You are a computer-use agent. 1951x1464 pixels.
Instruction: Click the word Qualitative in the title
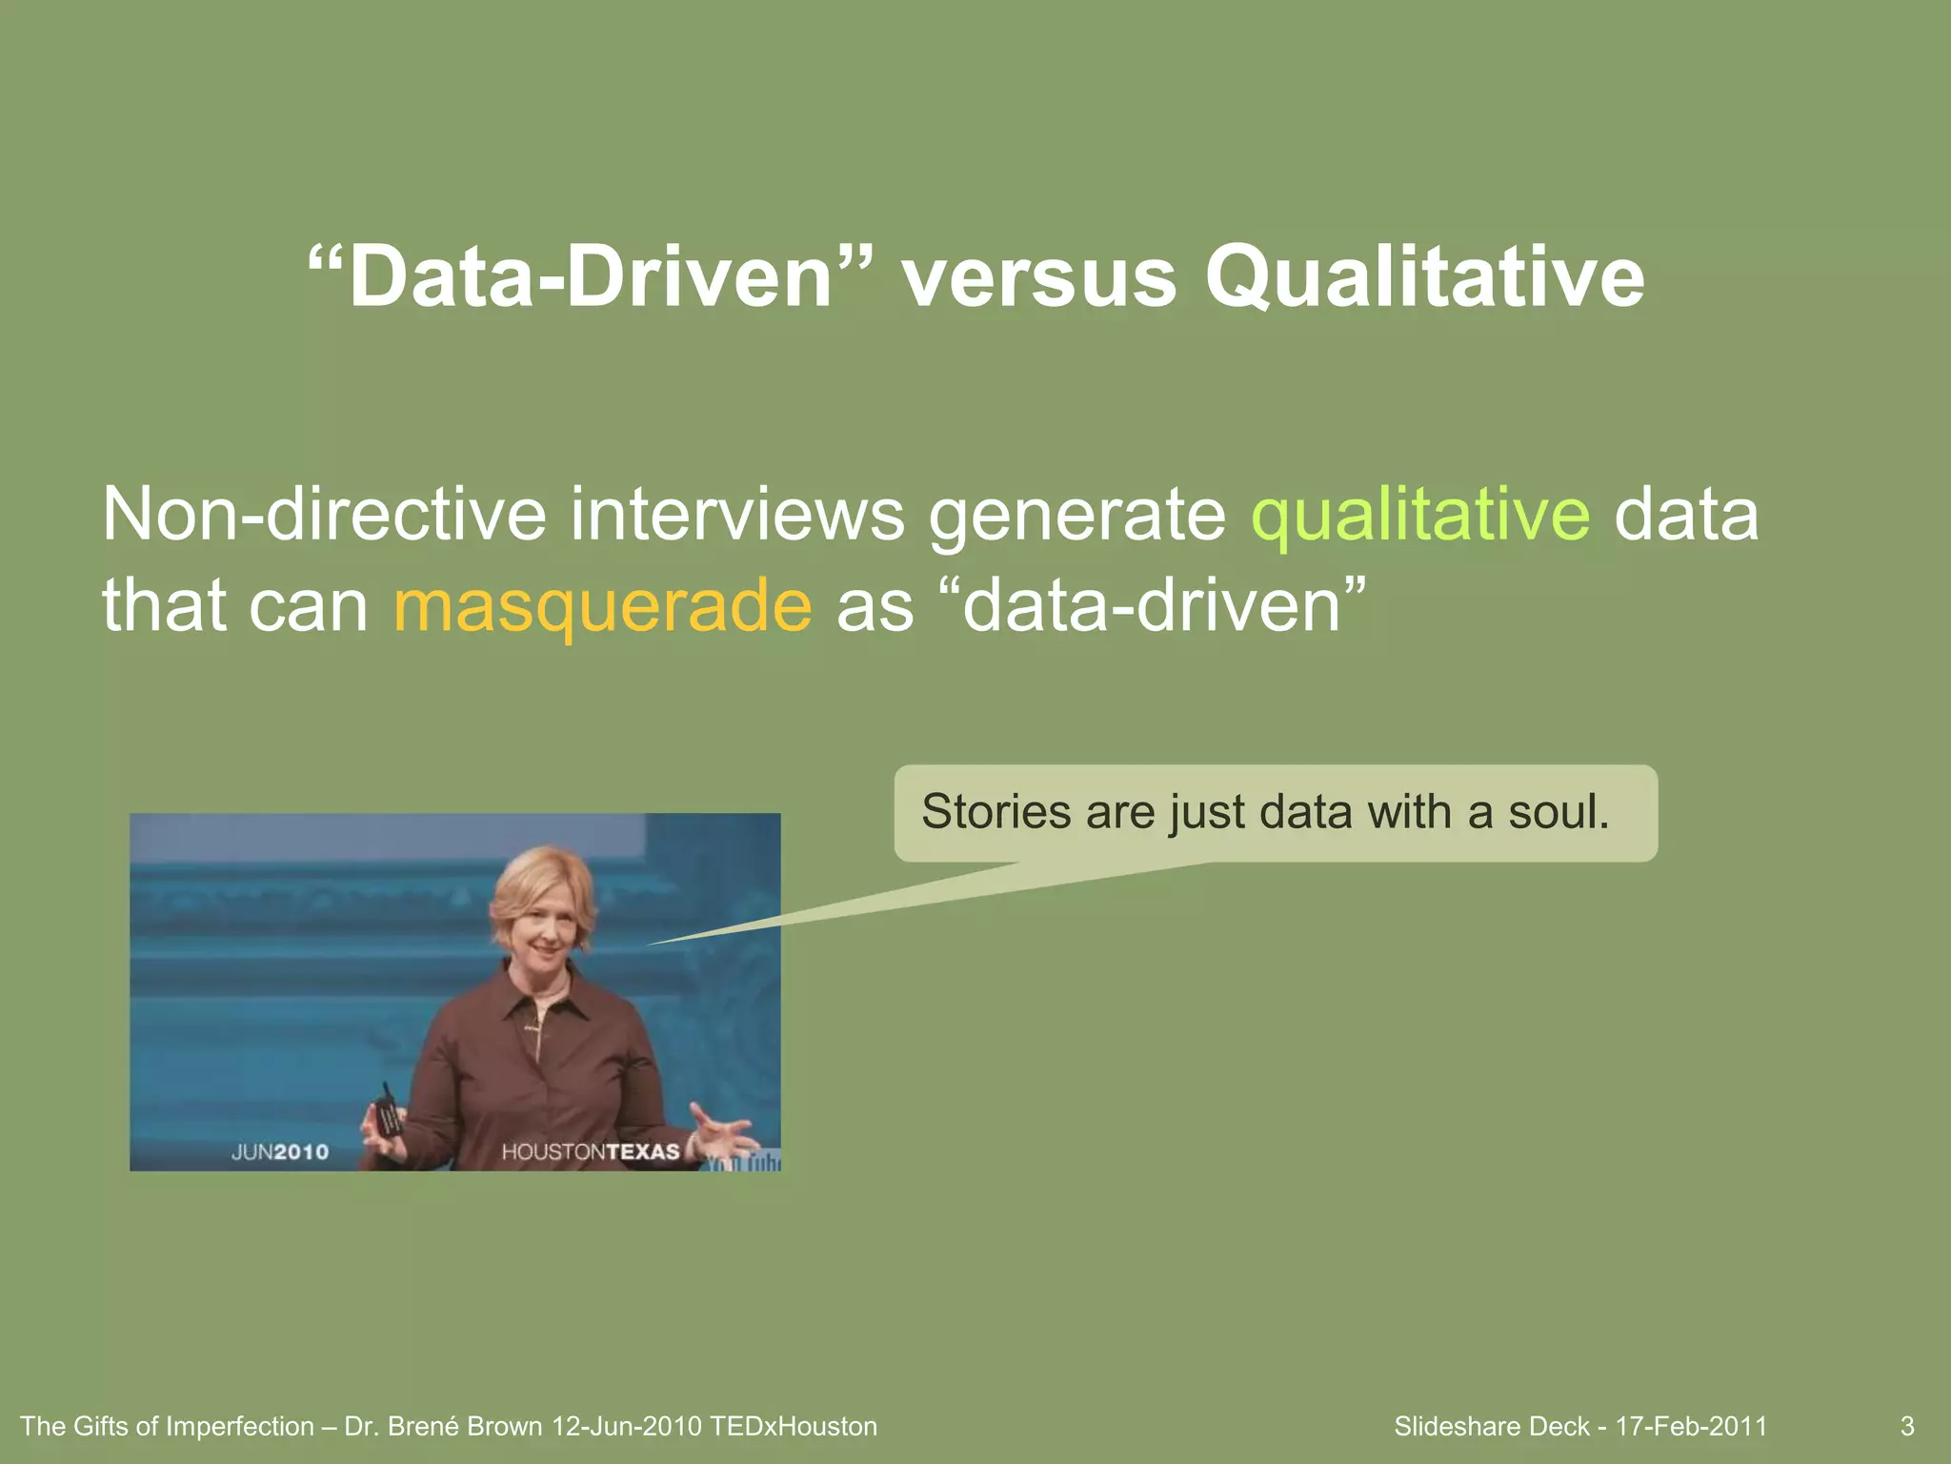1424,278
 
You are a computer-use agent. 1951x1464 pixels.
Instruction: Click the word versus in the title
1038,278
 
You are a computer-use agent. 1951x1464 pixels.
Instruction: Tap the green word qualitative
1419,515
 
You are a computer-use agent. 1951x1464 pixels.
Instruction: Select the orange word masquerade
602,606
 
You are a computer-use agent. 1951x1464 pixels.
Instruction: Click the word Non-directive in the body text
324,515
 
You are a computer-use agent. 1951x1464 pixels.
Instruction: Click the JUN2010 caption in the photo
280,1152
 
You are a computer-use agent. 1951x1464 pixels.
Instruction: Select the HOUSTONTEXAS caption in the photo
591,1152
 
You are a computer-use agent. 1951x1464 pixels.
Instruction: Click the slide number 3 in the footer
1907,1427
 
